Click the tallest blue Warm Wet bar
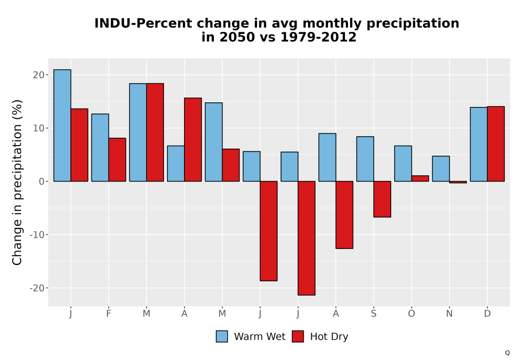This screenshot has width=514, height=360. coord(62,125)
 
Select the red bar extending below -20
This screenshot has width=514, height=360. coord(306,238)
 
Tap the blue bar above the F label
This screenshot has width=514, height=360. coord(100,148)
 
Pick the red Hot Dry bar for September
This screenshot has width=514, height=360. coord(382,199)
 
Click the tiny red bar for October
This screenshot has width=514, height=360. coord(420,178)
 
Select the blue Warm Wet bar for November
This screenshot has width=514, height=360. coord(441,169)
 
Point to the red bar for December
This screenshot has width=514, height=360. coord(495,144)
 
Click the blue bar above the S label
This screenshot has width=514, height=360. coord(365,159)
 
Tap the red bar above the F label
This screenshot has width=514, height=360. coord(117,159)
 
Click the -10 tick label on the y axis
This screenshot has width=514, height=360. coord(36,235)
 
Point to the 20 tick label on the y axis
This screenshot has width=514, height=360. coord(39,75)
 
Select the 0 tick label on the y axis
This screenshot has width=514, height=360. coord(41,182)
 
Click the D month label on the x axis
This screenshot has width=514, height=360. coord(487,314)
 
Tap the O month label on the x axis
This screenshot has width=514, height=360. coord(411,314)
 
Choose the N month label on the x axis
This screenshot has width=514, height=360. coord(449,314)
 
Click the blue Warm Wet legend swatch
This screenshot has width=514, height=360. coord(222,336)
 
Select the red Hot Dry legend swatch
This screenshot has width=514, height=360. coord(298,336)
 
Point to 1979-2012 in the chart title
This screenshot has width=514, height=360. coord(318,37)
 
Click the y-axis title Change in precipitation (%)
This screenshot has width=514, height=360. coord(17,182)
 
